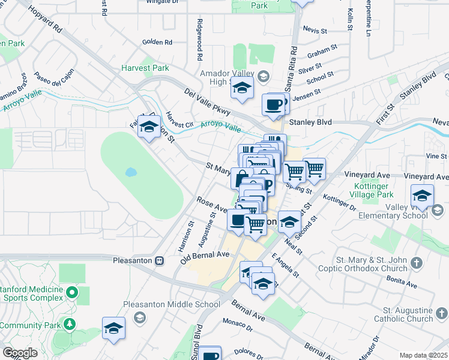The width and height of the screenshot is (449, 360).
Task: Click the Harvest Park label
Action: (x=145, y=68)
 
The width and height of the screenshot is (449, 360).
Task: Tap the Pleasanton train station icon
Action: (x=160, y=260)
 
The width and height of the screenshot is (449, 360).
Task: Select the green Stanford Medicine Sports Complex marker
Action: (x=72, y=293)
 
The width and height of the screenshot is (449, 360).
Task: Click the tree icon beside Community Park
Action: (x=70, y=325)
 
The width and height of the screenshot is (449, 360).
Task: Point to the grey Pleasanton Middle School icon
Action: (x=139, y=316)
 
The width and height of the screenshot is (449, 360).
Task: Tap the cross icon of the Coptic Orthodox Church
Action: (x=418, y=263)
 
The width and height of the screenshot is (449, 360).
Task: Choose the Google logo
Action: (x=20, y=353)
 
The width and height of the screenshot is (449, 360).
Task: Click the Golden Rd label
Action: (x=157, y=42)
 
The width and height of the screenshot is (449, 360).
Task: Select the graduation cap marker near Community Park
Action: (x=113, y=328)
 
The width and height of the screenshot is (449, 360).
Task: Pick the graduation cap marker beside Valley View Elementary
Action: (x=422, y=195)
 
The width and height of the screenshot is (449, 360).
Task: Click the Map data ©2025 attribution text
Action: (x=424, y=355)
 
